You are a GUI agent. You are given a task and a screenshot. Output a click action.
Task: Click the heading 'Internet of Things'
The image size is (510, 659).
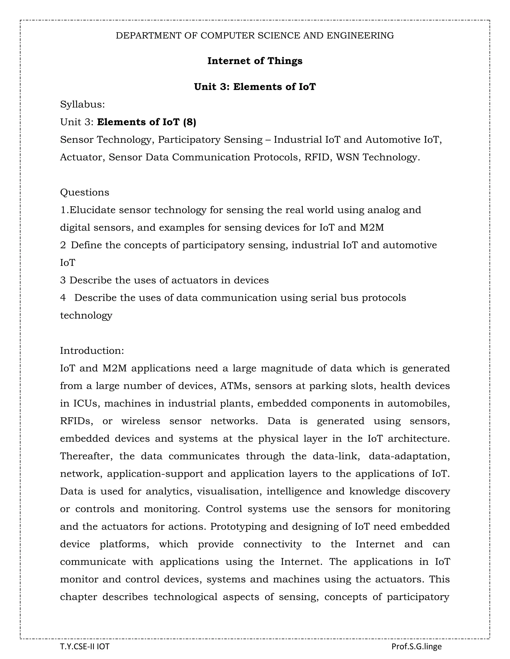pos(255,61)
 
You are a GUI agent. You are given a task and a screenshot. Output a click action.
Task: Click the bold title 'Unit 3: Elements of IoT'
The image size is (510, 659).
pos(255,87)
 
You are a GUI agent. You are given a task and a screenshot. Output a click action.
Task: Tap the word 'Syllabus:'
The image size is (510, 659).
pos(82,105)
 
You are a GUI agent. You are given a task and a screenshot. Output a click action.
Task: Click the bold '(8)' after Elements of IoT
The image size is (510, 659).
pos(190,122)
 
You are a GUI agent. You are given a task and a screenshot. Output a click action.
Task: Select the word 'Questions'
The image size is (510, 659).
pos(85,192)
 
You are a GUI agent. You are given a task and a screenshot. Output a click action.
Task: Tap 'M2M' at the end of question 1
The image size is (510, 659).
pos(372,228)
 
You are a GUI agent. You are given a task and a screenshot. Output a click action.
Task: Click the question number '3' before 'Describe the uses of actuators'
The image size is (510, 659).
pos(63,280)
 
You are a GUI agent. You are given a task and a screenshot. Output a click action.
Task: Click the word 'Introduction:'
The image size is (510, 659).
pos(92,351)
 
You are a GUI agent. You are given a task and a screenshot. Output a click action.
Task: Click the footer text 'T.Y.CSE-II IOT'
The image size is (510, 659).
pos(85,646)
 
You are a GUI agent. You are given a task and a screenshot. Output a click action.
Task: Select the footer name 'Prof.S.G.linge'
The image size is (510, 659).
pos(416,646)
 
